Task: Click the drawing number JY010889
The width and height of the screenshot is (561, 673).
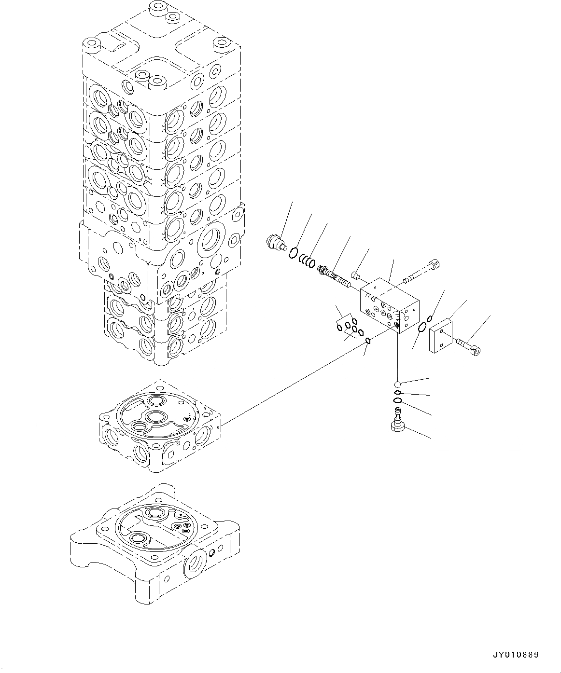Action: click(x=515, y=655)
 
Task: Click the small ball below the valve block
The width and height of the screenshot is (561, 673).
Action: click(x=397, y=384)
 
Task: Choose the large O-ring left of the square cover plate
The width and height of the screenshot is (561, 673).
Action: click(x=421, y=329)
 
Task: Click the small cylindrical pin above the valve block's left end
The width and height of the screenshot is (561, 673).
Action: click(x=356, y=275)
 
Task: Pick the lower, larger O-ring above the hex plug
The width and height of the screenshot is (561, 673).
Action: click(x=397, y=401)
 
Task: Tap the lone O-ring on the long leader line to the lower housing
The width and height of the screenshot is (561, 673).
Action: click(x=367, y=341)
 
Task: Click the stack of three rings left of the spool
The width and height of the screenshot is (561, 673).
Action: click(x=308, y=261)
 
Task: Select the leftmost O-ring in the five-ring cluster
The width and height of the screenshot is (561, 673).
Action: click(x=339, y=328)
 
